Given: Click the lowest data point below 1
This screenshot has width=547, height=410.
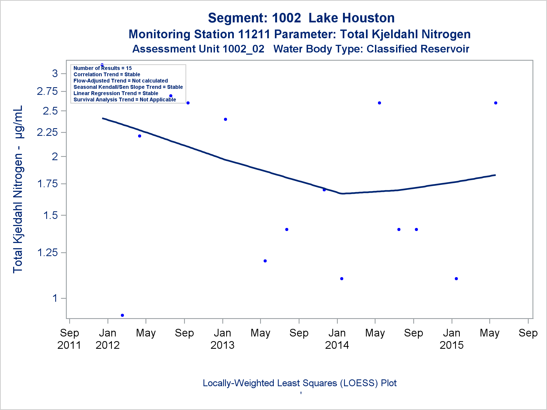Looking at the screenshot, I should (x=122, y=315).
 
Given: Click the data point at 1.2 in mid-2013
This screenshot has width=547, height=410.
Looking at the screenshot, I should (x=265, y=261).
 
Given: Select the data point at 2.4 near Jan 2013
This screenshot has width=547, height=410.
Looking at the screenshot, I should (x=225, y=119).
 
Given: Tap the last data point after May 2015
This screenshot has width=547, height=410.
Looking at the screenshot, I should (x=496, y=103).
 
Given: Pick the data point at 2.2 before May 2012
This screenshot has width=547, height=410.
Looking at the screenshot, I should (x=139, y=136).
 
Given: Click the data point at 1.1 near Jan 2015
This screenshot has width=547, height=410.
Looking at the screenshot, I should (x=456, y=279).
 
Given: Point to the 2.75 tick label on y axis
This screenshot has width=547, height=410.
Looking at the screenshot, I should (x=47, y=91).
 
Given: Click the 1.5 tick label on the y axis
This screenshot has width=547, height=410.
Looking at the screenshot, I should (x=51, y=215).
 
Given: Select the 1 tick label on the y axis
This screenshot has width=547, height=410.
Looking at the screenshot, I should (x=55, y=298).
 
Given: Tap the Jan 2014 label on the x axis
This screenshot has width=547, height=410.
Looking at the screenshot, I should (x=337, y=339).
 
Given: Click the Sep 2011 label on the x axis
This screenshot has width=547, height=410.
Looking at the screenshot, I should (x=69, y=339).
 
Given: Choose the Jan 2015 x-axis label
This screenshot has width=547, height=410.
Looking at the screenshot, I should (x=452, y=339).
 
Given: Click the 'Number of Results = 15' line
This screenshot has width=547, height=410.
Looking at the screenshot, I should (x=103, y=68).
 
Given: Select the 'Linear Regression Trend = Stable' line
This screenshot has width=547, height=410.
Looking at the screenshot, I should (x=116, y=93).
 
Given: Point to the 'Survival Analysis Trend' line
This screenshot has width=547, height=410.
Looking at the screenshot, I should (x=125, y=99).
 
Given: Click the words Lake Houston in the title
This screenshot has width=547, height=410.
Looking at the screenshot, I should (x=351, y=18).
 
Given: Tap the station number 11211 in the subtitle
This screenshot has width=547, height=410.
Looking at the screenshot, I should (x=254, y=34).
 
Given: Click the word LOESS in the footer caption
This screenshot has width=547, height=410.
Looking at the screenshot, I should (x=359, y=383).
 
